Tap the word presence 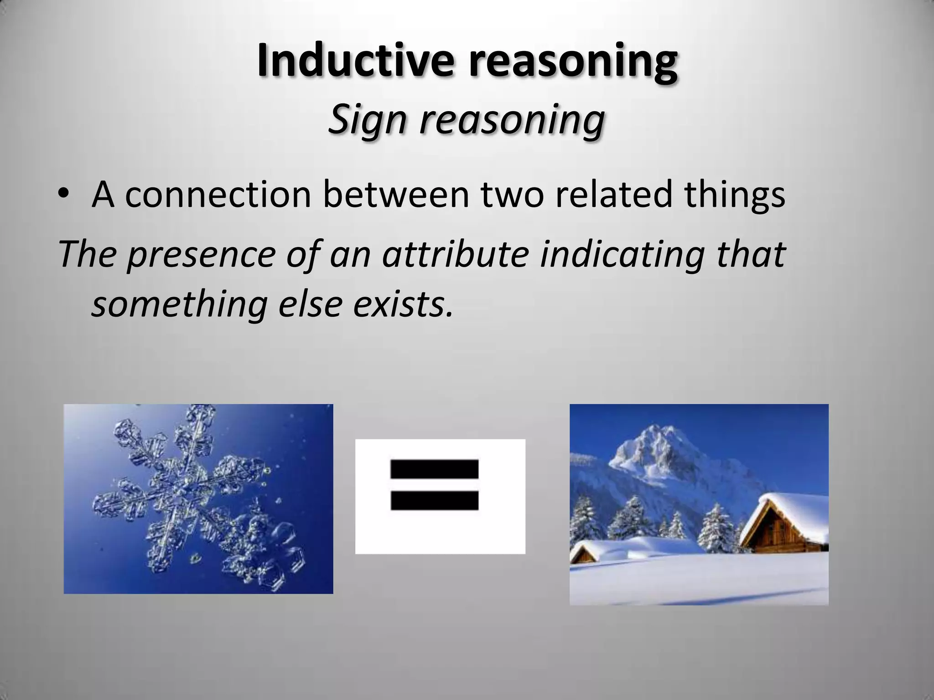[x=201, y=254]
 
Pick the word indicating [x=622, y=254]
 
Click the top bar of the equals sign [x=434, y=469]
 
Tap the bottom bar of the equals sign [x=434, y=500]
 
